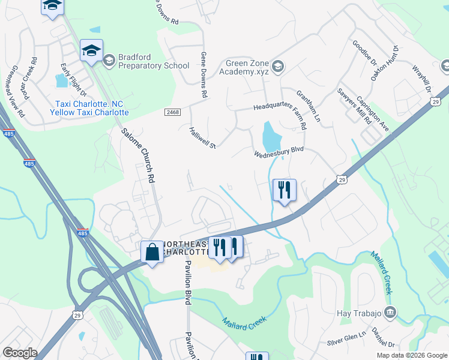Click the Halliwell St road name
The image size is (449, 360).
[x=202, y=137]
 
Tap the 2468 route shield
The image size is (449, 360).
[x=172, y=112]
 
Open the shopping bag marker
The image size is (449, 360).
[x=152, y=252]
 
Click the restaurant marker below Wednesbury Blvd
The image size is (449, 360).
[x=283, y=190]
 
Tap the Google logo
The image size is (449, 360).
[x=20, y=353]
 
